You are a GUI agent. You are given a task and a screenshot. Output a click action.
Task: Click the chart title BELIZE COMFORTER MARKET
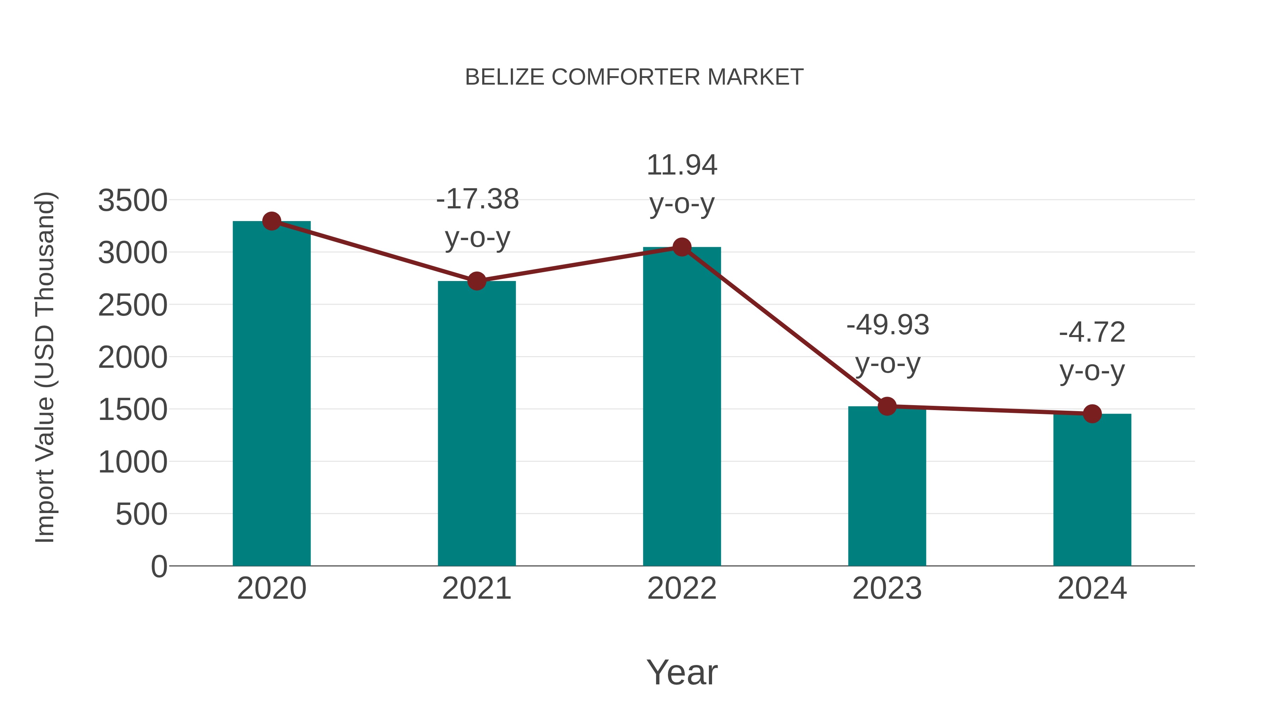coord(634,77)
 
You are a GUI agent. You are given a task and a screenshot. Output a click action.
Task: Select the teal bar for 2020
coord(271,394)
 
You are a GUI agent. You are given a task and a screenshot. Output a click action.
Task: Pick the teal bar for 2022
coord(682,407)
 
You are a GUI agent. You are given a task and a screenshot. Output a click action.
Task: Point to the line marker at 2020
coord(271,221)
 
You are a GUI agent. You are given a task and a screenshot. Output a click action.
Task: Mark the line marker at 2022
coord(682,247)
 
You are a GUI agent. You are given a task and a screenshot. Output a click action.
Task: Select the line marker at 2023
coord(887,407)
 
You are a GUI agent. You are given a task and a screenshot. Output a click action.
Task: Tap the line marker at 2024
coord(1092,414)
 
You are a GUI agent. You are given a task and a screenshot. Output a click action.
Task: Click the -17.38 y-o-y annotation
coord(477,218)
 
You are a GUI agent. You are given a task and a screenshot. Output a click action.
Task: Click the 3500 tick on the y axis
coord(133,201)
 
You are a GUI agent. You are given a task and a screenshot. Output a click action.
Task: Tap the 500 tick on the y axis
coord(141,514)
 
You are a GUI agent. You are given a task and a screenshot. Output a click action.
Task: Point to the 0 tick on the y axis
coord(159,566)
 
